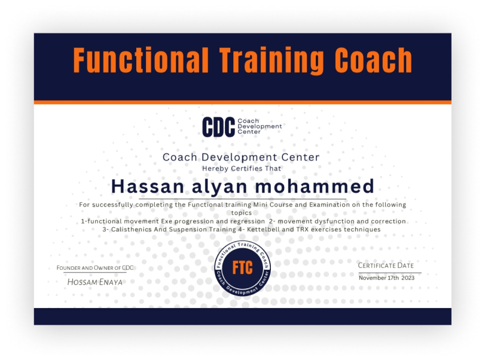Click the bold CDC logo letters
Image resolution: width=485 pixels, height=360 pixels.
[x=218, y=126]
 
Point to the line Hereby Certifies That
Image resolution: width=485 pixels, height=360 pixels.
[x=241, y=168]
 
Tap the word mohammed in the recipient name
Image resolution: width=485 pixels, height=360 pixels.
[x=315, y=186]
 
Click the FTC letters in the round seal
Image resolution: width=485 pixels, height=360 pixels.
[x=242, y=266]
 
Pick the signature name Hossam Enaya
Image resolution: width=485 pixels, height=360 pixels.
[x=95, y=281]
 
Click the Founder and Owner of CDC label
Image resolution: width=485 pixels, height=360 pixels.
[x=95, y=267]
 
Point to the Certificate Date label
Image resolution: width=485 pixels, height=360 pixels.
[x=386, y=265]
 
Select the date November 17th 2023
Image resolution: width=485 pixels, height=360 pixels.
[x=386, y=277]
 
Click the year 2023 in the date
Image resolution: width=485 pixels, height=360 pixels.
[x=408, y=277]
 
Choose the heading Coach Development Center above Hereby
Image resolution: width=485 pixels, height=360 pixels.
[x=241, y=157]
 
